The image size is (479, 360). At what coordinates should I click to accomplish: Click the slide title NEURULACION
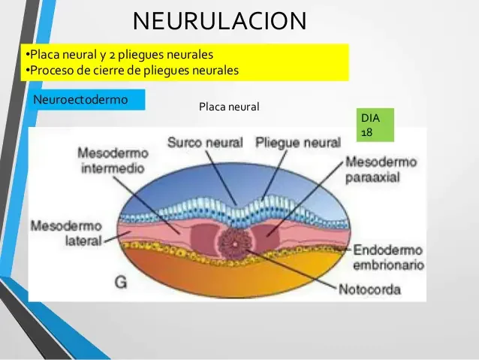tap(219, 20)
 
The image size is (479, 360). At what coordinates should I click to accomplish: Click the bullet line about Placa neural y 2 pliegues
tap(119, 55)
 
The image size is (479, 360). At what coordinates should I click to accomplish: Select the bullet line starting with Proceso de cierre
tap(131, 71)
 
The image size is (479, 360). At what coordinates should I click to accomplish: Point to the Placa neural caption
tap(229, 107)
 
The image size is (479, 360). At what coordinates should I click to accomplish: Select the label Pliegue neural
tap(298, 142)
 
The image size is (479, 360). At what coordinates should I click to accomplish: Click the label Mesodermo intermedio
tap(113, 160)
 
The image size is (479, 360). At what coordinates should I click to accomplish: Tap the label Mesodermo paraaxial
tap(381, 171)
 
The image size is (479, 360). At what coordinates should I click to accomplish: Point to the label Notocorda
tap(369, 289)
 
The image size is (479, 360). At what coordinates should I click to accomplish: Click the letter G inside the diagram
tap(121, 282)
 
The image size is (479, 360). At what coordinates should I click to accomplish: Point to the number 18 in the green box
tap(367, 132)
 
